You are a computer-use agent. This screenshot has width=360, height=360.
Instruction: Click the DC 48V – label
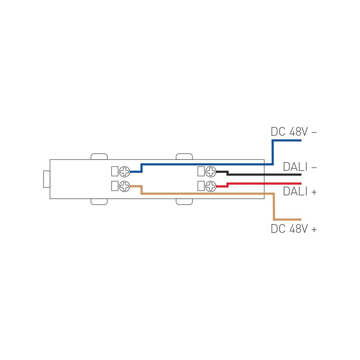294,132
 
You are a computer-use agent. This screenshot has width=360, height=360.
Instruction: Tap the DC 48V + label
294,229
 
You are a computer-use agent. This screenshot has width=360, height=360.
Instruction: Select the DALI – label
300,167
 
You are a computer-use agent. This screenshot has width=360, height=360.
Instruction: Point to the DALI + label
300,191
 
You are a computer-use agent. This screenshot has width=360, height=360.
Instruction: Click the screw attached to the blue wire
125,171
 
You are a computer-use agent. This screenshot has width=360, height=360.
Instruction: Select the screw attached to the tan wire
125,186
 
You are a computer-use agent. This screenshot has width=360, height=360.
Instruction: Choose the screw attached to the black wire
211,171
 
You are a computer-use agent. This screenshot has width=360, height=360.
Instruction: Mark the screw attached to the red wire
211,186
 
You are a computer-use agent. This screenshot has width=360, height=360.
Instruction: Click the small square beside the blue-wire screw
115,171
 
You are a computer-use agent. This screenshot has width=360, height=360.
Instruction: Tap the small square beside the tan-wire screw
115,186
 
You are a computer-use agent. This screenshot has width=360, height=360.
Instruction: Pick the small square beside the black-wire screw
201,171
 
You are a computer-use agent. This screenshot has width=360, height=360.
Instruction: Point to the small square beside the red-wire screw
201,186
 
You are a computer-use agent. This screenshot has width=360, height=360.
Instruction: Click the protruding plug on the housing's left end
46,179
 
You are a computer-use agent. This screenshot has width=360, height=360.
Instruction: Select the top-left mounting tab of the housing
99,157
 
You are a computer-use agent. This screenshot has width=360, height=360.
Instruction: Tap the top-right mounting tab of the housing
184,157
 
